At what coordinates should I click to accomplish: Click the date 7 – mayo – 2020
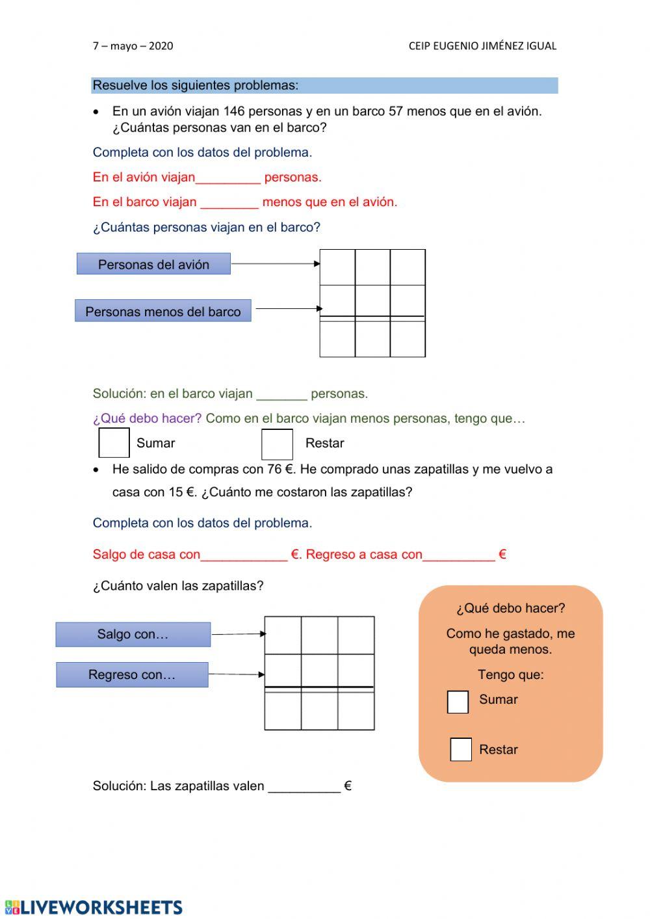[133, 46]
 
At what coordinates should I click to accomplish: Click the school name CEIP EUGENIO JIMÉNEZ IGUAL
[482, 46]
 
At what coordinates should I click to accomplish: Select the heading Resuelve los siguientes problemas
[195, 85]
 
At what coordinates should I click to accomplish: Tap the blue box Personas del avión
[153, 264]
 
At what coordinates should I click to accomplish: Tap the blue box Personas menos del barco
[162, 312]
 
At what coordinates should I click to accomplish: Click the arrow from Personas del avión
[275, 263]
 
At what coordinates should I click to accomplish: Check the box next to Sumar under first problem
[114, 443]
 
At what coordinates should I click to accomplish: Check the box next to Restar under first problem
[277, 444]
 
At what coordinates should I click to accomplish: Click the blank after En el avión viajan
[227, 178]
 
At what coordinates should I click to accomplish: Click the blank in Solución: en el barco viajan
[281, 394]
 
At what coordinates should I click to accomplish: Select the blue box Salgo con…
[133, 634]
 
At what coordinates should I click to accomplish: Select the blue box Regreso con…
[132, 674]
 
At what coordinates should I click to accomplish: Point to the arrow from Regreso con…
[237, 674]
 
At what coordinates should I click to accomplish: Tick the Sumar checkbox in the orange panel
[458, 702]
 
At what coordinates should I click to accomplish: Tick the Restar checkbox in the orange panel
[460, 749]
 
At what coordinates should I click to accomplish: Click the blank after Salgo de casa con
[244, 555]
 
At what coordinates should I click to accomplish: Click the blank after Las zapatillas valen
[304, 786]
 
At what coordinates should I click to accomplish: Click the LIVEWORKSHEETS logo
[94, 907]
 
